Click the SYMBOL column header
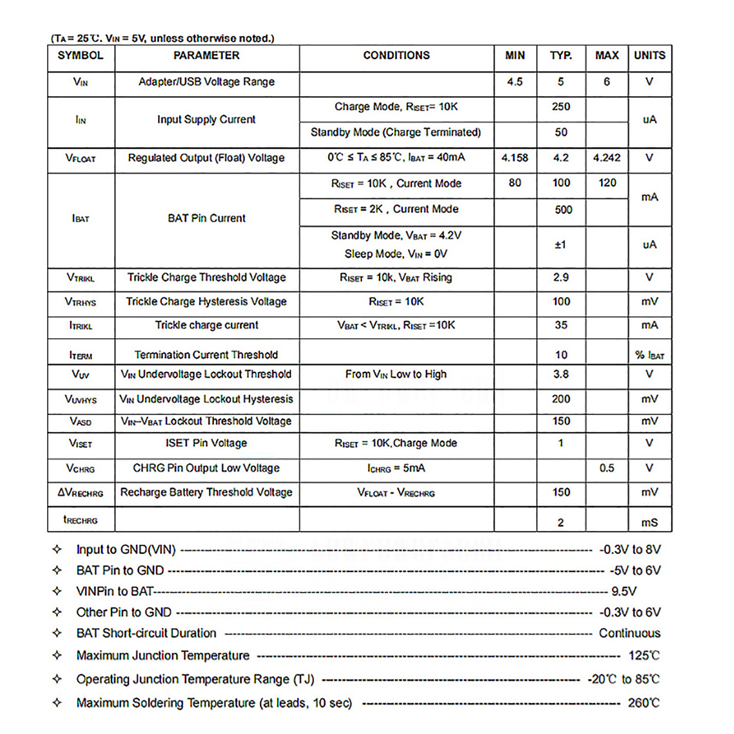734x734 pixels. (80, 56)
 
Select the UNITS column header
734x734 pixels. (649, 56)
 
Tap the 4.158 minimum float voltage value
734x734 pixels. (515, 158)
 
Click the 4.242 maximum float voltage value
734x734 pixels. (606, 158)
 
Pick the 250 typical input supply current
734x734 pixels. (561, 106)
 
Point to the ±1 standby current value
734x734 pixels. (560, 245)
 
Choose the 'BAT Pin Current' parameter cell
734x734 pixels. (206, 218)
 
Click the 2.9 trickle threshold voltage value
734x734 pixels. (561, 278)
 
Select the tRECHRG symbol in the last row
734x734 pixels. (80, 520)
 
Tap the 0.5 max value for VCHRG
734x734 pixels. (606, 468)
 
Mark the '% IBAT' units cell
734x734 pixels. (649, 355)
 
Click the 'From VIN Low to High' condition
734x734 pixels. (395, 374)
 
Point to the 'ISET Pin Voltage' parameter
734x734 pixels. (206, 443)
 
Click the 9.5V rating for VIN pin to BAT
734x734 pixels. (623, 591)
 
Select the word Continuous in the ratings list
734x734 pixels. (629, 633)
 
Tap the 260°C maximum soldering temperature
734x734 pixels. (643, 703)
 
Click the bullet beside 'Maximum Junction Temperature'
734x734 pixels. (57, 655)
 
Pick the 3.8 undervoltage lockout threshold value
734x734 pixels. (561, 374)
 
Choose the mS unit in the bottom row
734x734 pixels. (649, 523)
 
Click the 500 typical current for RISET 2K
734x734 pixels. (563, 210)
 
